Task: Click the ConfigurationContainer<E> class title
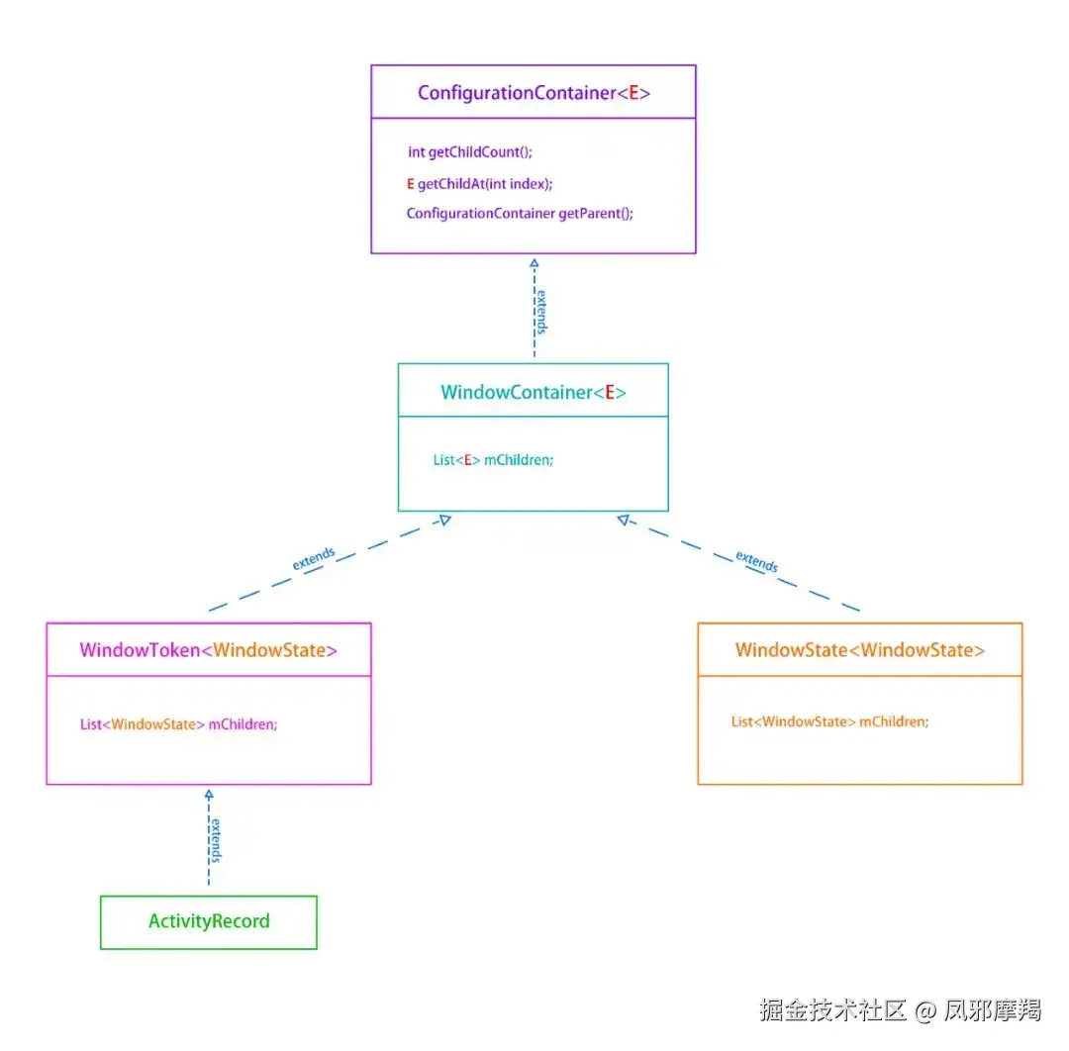(x=534, y=93)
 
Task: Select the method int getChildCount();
(x=470, y=152)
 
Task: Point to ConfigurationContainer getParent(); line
(x=520, y=213)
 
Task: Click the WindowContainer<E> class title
(x=534, y=392)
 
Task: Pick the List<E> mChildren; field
(x=493, y=459)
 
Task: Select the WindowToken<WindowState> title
(x=209, y=650)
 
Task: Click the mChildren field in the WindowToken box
(x=179, y=723)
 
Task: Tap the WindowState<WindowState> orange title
(x=860, y=650)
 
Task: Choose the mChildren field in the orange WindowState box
(x=830, y=721)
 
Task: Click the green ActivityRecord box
(x=209, y=921)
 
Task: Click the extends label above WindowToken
(x=314, y=558)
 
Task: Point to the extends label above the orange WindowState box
(x=757, y=561)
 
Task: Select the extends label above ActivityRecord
(x=216, y=840)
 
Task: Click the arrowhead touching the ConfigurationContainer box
(x=534, y=261)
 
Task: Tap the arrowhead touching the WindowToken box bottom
(x=209, y=794)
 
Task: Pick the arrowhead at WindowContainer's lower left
(x=445, y=519)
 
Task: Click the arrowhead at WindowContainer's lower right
(x=623, y=519)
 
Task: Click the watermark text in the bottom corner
(x=901, y=1009)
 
